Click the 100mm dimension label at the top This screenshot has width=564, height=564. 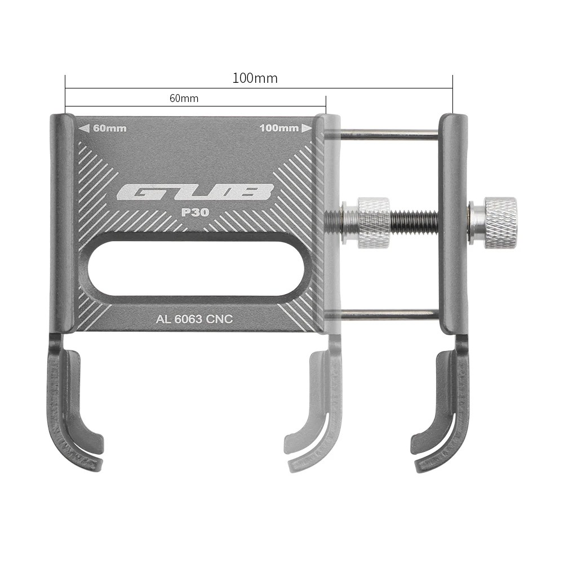[x=255, y=78]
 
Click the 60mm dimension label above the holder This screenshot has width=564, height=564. [x=184, y=99]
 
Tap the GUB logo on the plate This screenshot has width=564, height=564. [x=195, y=193]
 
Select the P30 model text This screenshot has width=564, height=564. [x=195, y=213]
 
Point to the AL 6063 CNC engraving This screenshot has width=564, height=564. [x=194, y=319]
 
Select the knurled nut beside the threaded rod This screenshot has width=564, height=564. [x=372, y=223]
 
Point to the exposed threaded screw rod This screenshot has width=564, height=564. [x=414, y=223]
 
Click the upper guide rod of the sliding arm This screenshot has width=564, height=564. [x=389, y=135]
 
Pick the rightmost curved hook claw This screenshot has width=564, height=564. [x=445, y=406]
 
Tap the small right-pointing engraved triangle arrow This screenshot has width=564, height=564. [x=307, y=128]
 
